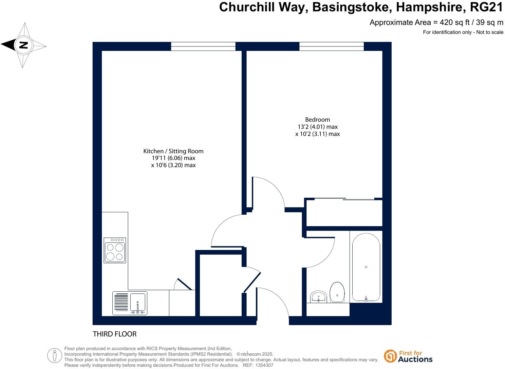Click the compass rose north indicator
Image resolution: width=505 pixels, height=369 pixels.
23,45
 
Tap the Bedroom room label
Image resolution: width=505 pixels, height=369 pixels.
317,119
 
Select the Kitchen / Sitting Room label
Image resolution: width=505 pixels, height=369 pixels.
173,151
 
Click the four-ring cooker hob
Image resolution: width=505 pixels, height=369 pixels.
115,250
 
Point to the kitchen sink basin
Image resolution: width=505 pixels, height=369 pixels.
138,302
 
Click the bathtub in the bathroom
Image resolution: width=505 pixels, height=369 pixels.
366,267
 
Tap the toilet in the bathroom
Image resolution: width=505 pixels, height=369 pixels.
337,292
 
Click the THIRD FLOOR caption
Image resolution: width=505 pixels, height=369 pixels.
115,334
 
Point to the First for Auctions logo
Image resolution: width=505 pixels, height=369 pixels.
408,356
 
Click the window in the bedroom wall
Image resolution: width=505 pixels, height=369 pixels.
331,46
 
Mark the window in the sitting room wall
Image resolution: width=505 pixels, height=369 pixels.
203,46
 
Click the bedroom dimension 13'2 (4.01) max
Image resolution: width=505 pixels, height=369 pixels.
317,127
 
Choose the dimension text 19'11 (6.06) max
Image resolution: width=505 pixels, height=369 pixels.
173,158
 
